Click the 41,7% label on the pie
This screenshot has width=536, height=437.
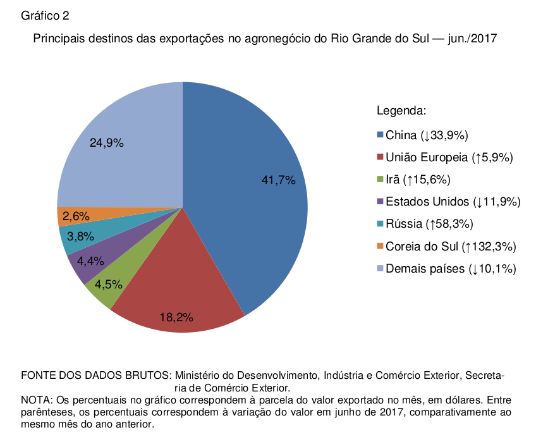tap(279, 180)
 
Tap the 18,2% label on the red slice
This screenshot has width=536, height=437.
tap(176, 317)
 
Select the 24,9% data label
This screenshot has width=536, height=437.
tap(106, 143)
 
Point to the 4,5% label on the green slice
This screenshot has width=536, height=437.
tap(108, 285)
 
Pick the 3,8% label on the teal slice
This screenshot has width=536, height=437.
tap(80, 237)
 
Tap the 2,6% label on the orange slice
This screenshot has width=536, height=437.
tap(76, 216)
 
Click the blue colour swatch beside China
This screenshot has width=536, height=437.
tap(380, 135)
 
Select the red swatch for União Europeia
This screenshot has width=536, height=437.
tap(380, 157)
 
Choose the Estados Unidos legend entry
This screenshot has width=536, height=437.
tap(453, 202)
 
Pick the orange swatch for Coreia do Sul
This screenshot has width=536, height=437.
tap(380, 246)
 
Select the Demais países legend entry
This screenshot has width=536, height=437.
tap(451, 269)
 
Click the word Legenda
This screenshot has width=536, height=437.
tap(402, 111)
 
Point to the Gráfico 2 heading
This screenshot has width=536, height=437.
tap(45, 15)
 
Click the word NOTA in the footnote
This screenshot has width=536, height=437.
tap(36, 400)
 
